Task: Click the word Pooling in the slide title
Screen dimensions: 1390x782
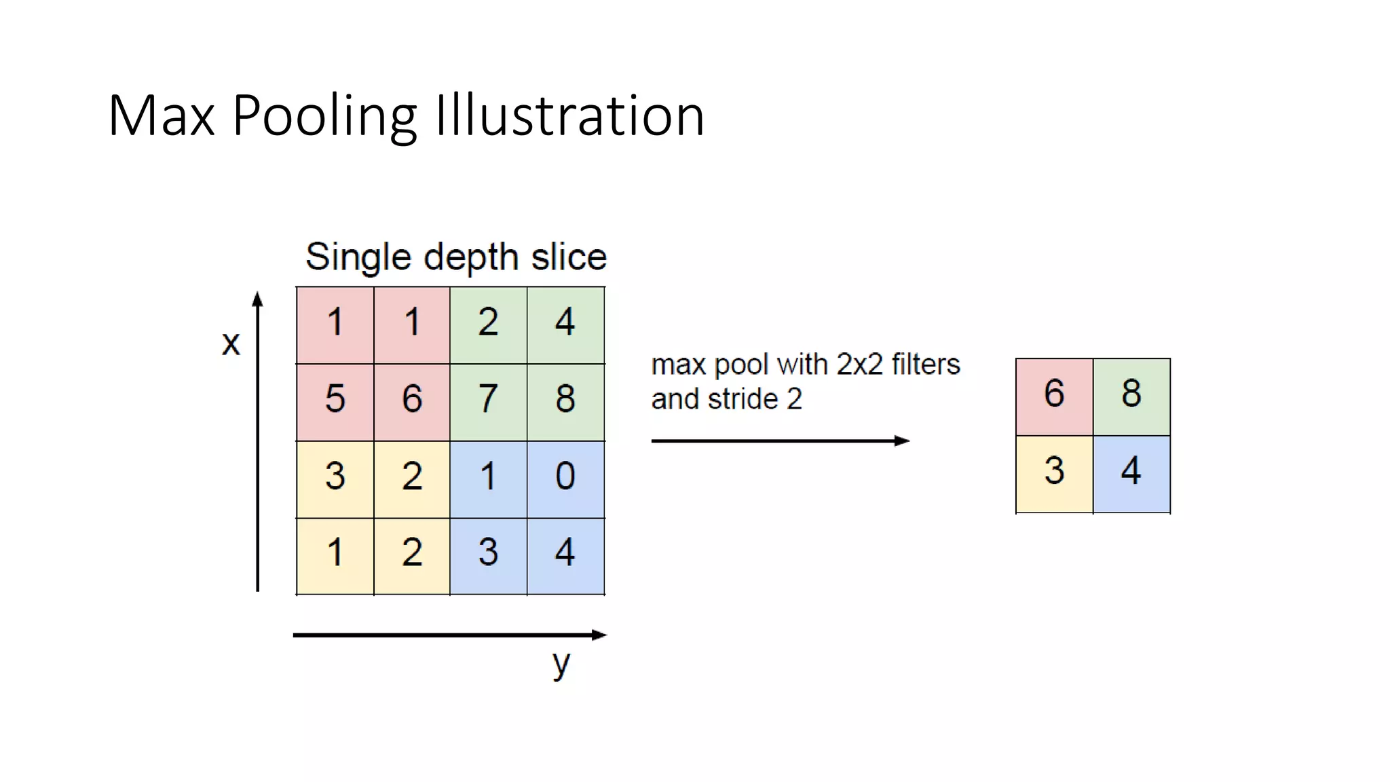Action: pyautogui.click(x=324, y=117)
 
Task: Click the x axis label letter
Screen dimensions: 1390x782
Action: pyautogui.click(x=231, y=343)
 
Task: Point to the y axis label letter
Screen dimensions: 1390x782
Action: pyautogui.click(x=561, y=664)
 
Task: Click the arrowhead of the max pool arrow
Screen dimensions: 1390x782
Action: pyautogui.click(x=902, y=441)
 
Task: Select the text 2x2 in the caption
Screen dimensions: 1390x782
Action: pyautogui.click(x=859, y=365)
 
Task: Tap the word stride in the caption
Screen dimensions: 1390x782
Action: pyautogui.click(x=743, y=399)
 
